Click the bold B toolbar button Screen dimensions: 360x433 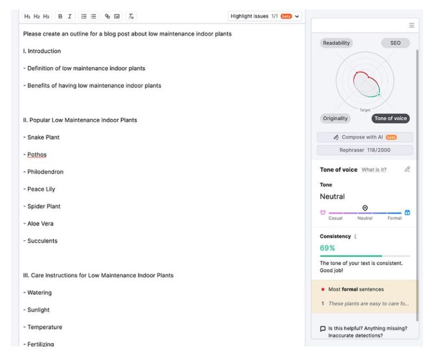60,16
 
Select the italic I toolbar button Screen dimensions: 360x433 70,16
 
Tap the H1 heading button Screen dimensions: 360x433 27,16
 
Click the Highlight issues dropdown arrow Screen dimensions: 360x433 297,16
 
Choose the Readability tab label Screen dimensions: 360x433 337,43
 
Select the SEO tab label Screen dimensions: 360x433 395,43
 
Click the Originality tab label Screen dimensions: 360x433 335,118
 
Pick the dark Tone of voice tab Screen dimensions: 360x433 391,118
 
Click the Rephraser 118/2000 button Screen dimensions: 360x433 365,150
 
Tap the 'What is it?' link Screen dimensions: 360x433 374,170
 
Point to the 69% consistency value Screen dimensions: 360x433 327,248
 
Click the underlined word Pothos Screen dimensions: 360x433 37,154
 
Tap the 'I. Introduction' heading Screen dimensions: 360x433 42,51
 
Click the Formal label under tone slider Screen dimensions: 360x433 395,218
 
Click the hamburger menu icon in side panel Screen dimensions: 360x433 412,25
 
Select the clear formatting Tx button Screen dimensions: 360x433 131,16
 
